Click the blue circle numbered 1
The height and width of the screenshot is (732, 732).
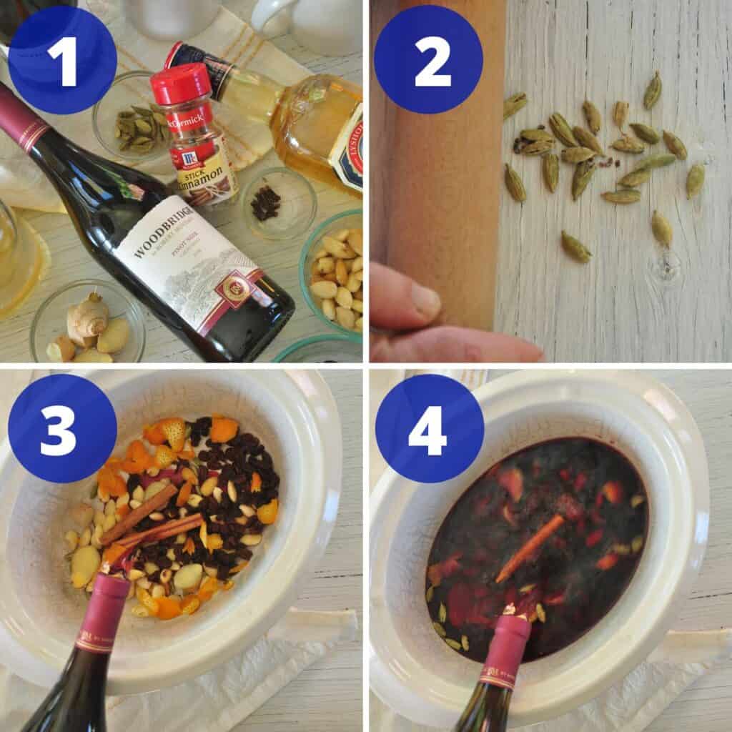(x=62, y=60)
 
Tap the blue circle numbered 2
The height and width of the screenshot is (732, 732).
(x=428, y=60)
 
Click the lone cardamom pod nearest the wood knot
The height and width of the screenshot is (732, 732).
(x=661, y=229)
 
